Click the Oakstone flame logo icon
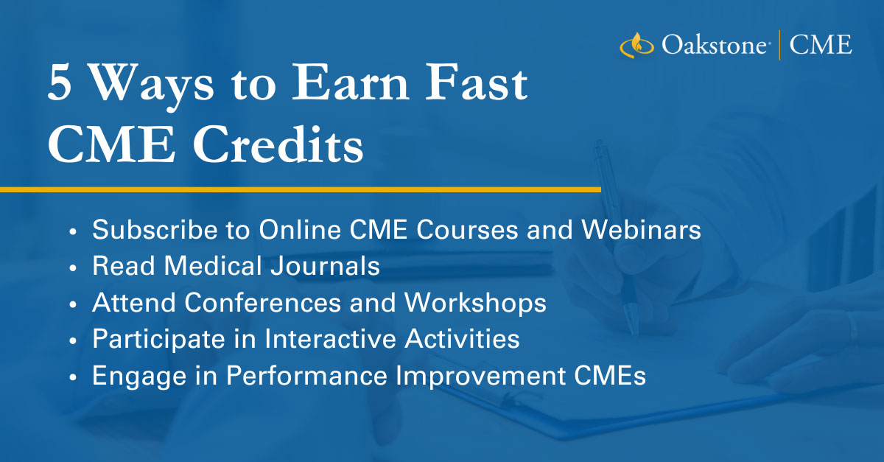[636, 45]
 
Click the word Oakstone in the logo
[715, 45]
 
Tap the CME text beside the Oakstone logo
[821, 44]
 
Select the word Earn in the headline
[350, 83]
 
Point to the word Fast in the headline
[477, 83]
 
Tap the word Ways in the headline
[152, 87]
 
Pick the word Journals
[325, 265]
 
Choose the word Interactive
[330, 339]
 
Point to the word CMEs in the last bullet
[610, 375]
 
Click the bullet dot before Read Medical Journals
[73, 268]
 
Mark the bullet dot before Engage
[73, 378]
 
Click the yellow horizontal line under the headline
[301, 190]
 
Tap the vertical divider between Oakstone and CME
[779, 45]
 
